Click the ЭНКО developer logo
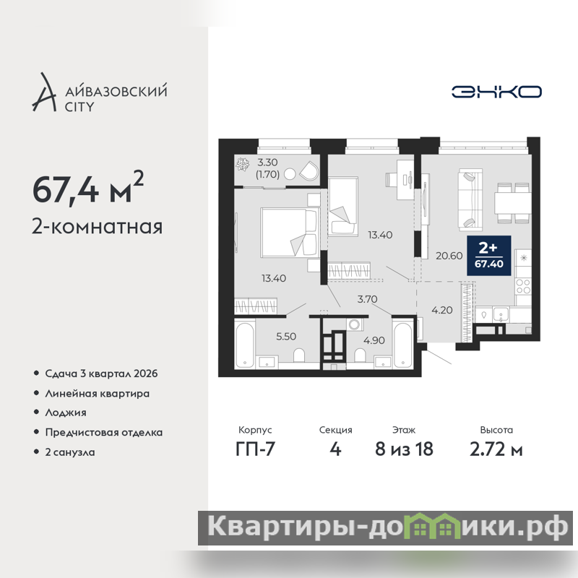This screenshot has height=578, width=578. pos(496,92)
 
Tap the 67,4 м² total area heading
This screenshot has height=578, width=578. pos(88,188)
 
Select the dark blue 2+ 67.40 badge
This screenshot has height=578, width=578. pos(489,256)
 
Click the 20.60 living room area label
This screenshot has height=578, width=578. pos(449,256)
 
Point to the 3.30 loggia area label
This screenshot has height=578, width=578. pos(267,162)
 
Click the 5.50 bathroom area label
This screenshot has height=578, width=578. pos(286,336)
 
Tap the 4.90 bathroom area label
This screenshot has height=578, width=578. pos(374,340)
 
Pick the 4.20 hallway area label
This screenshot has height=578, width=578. pos(442,310)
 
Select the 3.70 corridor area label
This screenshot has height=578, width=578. pos(367,299)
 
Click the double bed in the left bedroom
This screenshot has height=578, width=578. pos(289,232)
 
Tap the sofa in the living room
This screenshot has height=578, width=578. pos(470,200)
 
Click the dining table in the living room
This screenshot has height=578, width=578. pos(512,203)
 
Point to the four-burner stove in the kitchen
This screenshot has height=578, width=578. pos(523,286)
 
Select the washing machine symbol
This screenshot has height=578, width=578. pos(355,324)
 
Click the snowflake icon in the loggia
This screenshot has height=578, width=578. pos(243,164)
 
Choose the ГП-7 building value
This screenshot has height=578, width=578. pos(255,449)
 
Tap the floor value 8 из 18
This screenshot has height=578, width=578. pos(404,449)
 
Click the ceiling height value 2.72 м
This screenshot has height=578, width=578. pos(496,449)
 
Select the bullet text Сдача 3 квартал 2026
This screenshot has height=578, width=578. pos(101,374)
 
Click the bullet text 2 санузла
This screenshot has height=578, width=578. pos(70,452)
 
